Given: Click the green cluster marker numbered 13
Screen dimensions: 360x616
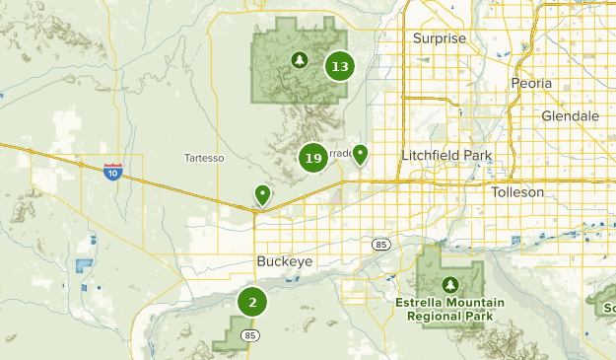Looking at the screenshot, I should coord(340,67).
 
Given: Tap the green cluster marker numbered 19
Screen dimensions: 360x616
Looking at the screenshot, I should coord(313,158).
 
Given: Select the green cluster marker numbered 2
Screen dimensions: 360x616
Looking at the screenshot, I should coord(252,303).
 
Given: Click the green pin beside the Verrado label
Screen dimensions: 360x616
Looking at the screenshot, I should coord(361,154).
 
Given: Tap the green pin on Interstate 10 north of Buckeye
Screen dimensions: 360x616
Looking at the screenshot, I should coord(262,193).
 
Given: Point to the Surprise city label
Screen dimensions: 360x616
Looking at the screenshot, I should coord(439,38).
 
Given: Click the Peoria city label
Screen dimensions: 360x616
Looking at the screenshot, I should coord(531,84).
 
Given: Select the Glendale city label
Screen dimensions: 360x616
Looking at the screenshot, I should coord(570,115).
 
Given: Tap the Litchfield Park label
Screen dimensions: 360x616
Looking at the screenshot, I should coord(446,156).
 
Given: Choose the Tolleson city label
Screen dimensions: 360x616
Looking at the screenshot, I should coord(517,192).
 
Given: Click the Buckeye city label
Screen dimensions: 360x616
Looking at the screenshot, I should coord(283,261).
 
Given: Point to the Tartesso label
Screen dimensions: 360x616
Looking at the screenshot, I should coord(205,158).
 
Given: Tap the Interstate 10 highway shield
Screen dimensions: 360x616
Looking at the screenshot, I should coord(113,172).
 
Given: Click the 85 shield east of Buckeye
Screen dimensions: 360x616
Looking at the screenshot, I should coord(380,244).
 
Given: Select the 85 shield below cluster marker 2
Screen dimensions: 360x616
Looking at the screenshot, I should coord(252,335).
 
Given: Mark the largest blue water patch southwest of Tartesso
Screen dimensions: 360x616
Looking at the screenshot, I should coord(84,266).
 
